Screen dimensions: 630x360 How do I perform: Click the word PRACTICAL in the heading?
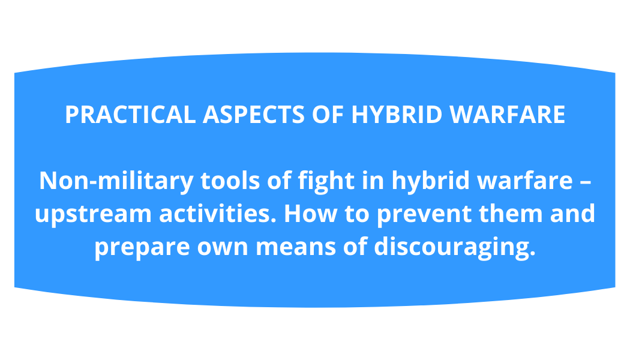pyautogui.click(x=130, y=115)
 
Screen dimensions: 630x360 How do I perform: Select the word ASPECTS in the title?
pyautogui.click(x=254, y=115)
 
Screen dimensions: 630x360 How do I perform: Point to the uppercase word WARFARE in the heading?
pyautogui.click(x=508, y=115)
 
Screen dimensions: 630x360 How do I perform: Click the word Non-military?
pyautogui.click(x=116, y=181)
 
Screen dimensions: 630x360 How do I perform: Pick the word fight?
pyautogui.click(x=326, y=181)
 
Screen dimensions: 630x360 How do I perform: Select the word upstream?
pyautogui.click(x=93, y=214)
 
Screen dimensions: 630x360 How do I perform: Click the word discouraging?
pyautogui.click(x=455, y=247)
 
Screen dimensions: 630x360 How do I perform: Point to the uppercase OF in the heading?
pyautogui.click(x=328, y=115)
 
